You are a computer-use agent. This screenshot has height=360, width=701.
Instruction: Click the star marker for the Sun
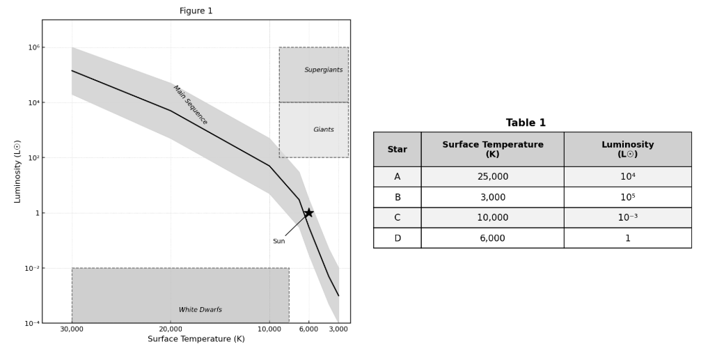[308, 213]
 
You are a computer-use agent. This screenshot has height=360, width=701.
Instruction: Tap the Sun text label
[278, 242]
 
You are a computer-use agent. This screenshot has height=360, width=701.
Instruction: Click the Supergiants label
[323, 70]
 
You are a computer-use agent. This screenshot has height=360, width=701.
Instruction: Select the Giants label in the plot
[323, 130]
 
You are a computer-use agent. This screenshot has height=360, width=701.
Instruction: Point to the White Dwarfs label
[200, 310]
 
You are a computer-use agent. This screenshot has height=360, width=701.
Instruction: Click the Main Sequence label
[190, 105]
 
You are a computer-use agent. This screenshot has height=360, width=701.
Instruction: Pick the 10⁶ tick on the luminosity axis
[33, 47]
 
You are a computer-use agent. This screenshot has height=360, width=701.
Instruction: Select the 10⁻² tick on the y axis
[32, 268]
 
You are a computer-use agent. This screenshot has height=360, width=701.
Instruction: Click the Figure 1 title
[196, 11]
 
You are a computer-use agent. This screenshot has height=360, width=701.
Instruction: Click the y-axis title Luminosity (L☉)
[18, 171]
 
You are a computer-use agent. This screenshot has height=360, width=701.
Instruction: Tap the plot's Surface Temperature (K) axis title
[196, 339]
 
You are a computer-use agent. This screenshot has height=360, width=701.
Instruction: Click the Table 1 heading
[526, 123]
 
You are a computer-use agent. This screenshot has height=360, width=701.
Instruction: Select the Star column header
[397, 149]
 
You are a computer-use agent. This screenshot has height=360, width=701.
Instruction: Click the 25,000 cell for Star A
[492, 177]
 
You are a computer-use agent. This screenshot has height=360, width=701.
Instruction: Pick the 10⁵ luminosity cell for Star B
[627, 197]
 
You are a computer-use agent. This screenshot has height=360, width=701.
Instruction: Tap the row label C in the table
[397, 217]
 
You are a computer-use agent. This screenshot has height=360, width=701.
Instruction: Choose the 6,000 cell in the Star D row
[492, 238]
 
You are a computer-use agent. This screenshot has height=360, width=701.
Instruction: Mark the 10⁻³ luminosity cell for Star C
[627, 217]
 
